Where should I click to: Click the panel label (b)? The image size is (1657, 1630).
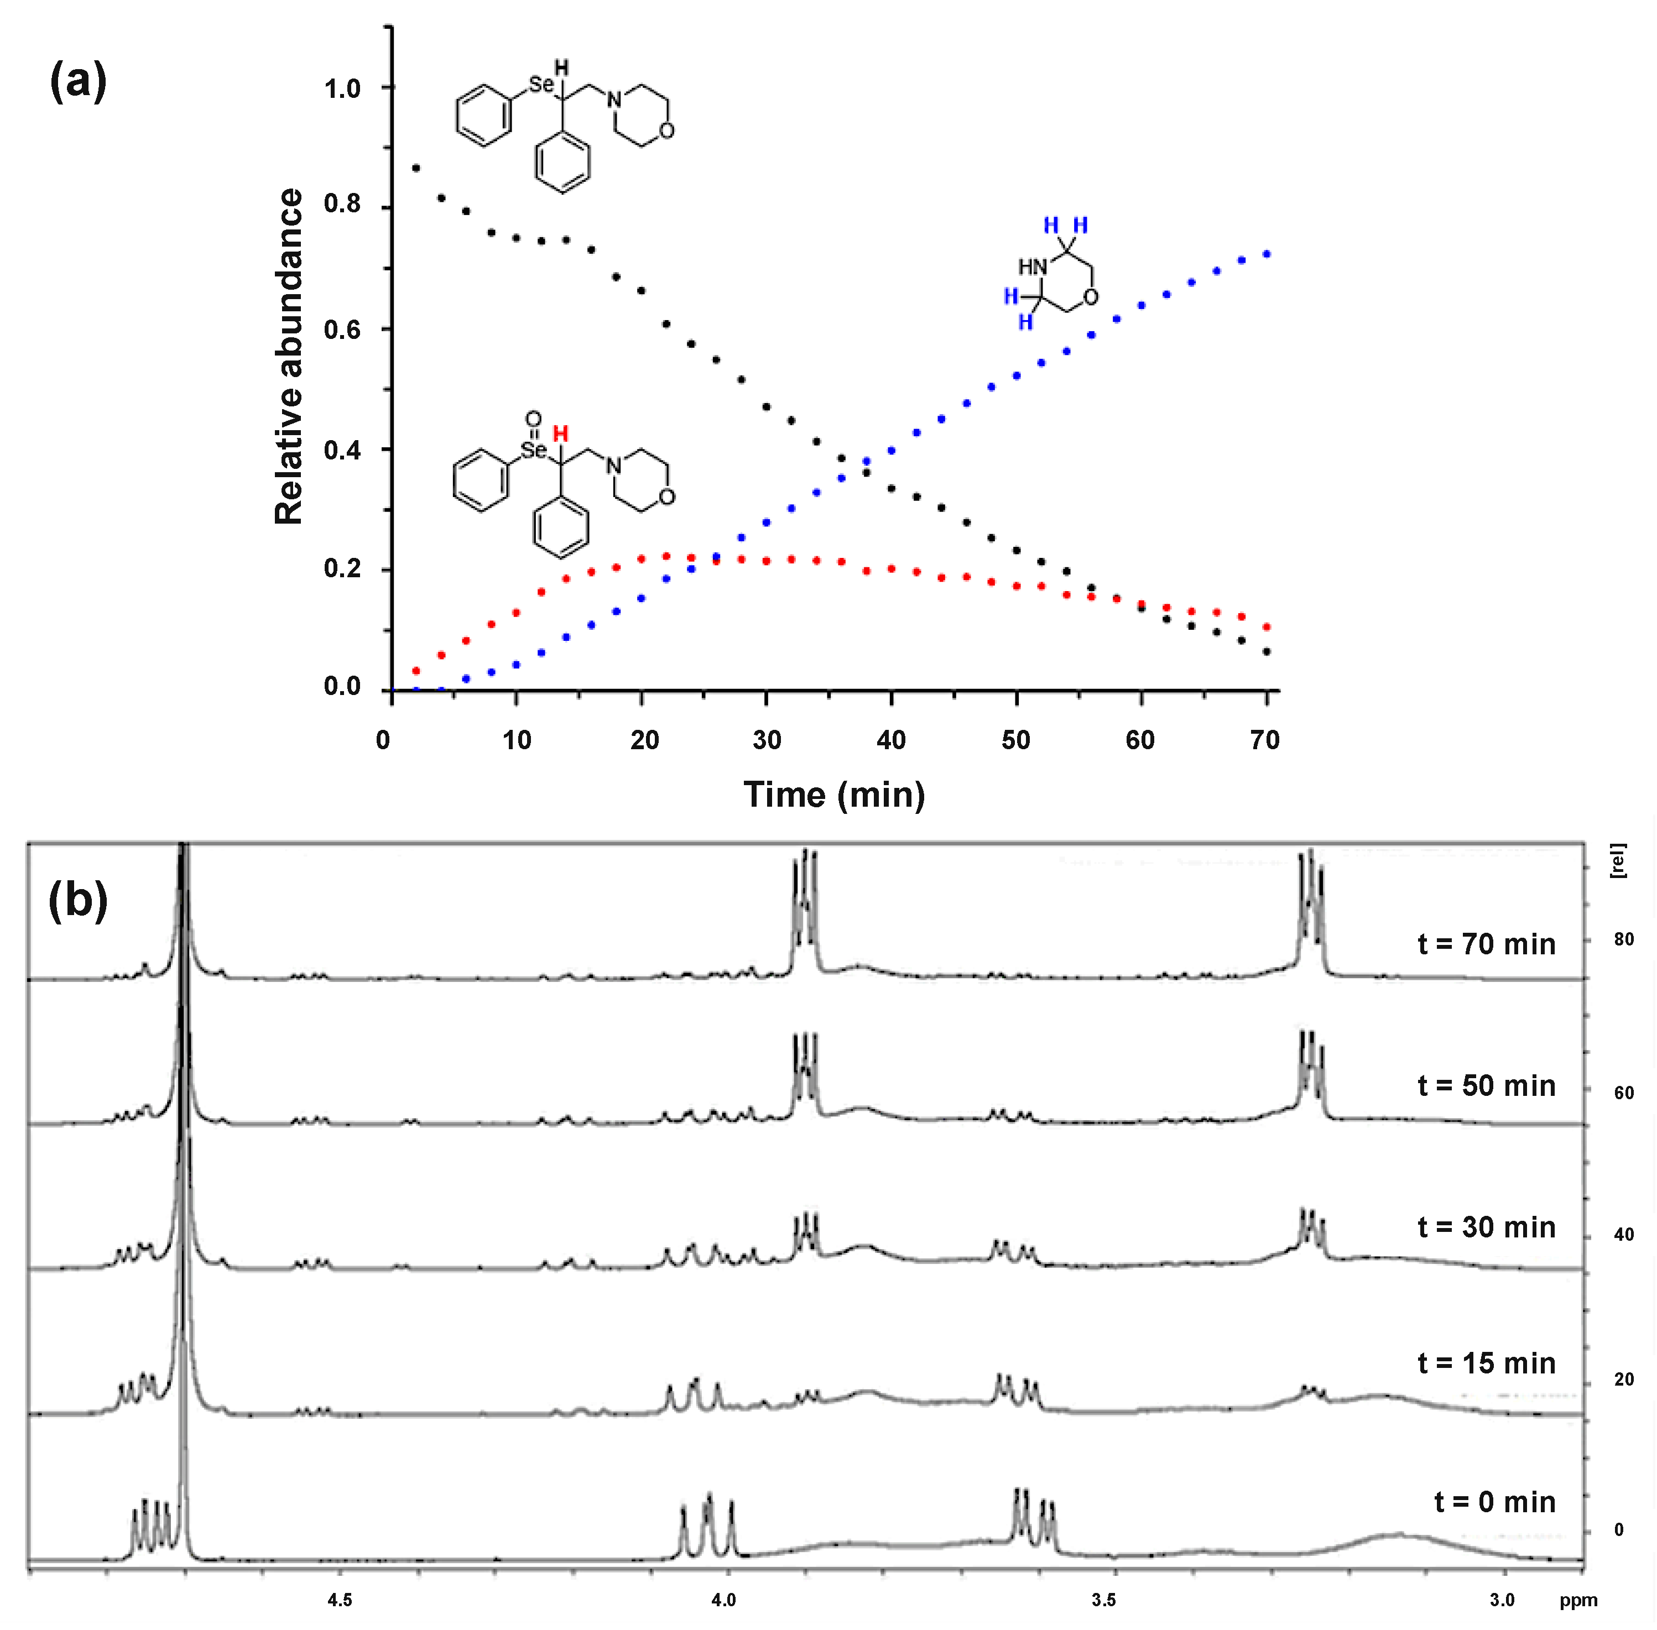pos(78,900)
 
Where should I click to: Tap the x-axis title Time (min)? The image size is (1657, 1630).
pos(834,795)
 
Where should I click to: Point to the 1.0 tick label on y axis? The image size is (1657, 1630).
pos(342,88)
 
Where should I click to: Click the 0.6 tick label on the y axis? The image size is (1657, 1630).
pos(342,330)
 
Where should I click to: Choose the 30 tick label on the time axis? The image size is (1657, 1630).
pos(767,740)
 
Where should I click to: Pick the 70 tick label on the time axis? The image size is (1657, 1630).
pos(1265,740)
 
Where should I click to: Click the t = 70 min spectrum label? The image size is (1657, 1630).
pos(1486,944)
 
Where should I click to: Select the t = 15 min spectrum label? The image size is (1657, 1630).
pos(1486,1363)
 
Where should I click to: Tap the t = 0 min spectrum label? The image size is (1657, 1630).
pos(1494,1502)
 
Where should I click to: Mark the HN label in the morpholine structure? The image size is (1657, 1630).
pos(1033,267)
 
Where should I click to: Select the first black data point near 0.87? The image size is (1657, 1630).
pos(416,168)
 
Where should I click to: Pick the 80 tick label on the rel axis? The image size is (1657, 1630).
pos(1624,939)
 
